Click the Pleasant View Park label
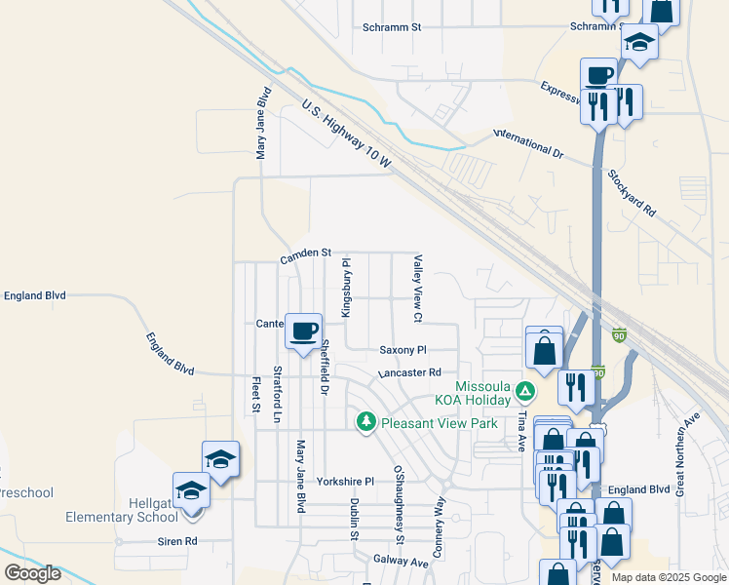(440, 423)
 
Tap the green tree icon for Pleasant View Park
(366, 421)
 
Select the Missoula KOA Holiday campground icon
(525, 392)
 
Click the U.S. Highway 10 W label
(345, 136)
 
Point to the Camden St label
(306, 255)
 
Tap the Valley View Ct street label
(417, 289)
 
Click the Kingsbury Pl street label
(345, 287)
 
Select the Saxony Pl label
(403, 349)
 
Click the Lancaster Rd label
(409, 372)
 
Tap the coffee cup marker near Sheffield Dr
(304, 331)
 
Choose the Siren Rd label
(178, 540)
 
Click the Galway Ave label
(401, 562)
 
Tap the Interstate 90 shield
(619, 335)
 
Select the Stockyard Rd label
(632, 192)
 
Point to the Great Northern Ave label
(688, 453)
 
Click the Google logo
(32, 573)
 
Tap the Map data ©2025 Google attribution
(668, 577)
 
